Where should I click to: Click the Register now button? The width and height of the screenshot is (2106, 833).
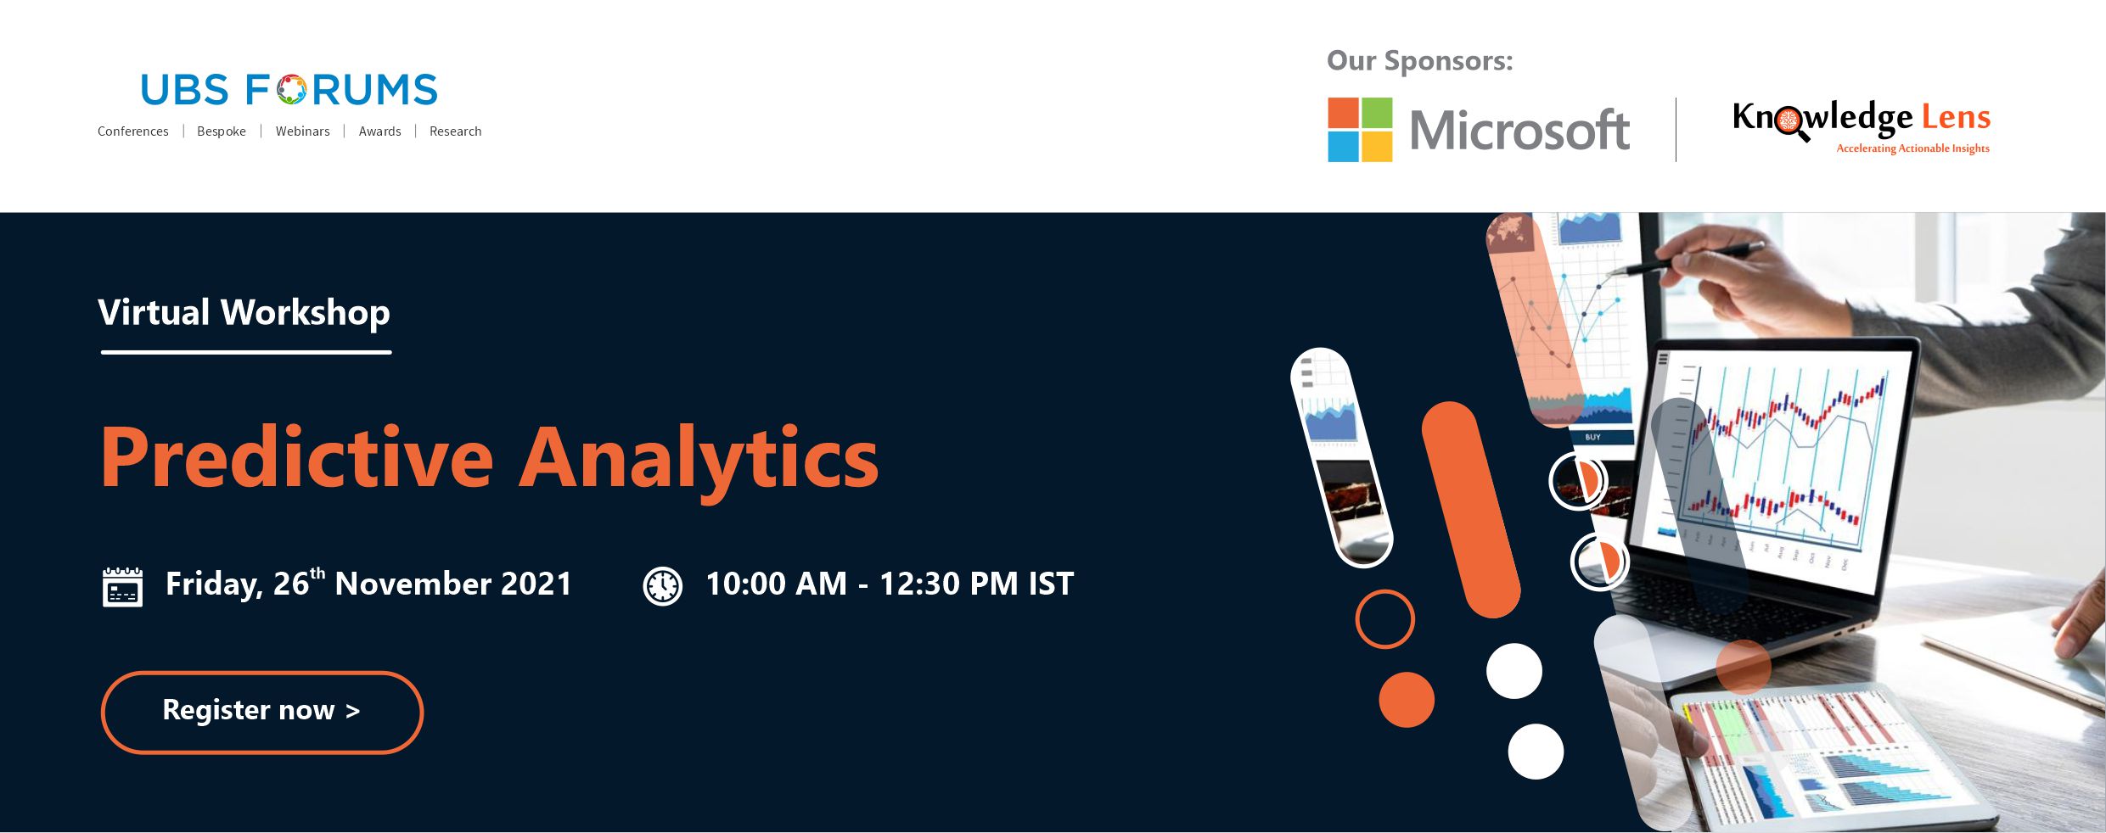tap(262, 712)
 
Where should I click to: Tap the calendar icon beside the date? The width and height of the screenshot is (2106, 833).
tap(122, 587)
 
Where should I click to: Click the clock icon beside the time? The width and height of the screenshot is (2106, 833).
tap(663, 586)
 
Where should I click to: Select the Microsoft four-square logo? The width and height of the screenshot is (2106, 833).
tap(1360, 130)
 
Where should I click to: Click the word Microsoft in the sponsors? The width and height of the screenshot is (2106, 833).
tap(1519, 131)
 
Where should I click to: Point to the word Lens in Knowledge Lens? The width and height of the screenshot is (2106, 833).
tap(1956, 117)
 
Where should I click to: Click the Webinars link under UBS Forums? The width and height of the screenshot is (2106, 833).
tap(302, 131)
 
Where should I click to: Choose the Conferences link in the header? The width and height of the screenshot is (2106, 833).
tap(132, 131)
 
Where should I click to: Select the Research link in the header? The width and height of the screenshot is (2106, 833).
tap(455, 131)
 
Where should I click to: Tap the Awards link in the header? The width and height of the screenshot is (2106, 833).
tap(379, 131)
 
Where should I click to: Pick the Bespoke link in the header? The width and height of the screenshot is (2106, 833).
tap(222, 131)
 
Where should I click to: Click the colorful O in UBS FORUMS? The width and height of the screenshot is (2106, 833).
tap(291, 90)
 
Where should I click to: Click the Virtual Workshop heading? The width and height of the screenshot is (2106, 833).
tap(244, 313)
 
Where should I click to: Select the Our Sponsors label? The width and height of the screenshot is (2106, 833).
tap(1419, 61)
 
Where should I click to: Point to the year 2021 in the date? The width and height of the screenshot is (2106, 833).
tap(536, 584)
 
